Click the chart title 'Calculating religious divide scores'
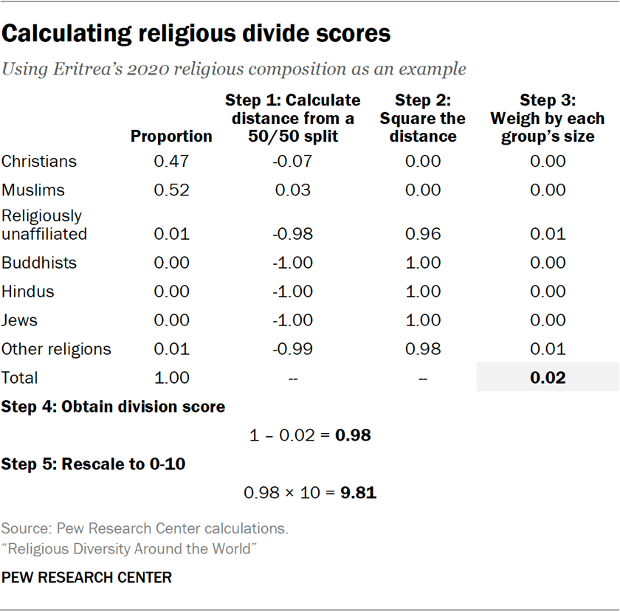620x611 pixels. [x=196, y=34]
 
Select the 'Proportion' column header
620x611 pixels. [x=171, y=137]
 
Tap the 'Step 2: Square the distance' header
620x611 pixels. [x=423, y=118]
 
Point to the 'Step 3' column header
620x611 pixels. [x=547, y=118]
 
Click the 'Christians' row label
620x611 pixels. [x=39, y=162]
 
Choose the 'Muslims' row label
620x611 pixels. [x=33, y=190]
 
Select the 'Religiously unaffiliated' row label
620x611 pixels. [x=44, y=225]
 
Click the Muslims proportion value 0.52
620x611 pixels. [x=171, y=190]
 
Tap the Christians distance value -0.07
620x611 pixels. [x=292, y=162]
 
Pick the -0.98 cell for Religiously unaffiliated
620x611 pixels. [x=292, y=234]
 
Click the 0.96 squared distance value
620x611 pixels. [x=423, y=234]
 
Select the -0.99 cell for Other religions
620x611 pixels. [x=292, y=349]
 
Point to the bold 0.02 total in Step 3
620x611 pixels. [x=547, y=378]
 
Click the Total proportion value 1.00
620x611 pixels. [x=171, y=378]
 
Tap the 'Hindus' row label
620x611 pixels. [x=28, y=291]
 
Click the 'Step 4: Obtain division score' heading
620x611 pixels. [x=113, y=407]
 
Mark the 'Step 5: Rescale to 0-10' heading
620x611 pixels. [x=93, y=464]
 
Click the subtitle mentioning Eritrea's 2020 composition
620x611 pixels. [x=234, y=69]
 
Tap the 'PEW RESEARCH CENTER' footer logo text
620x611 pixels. [x=86, y=577]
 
